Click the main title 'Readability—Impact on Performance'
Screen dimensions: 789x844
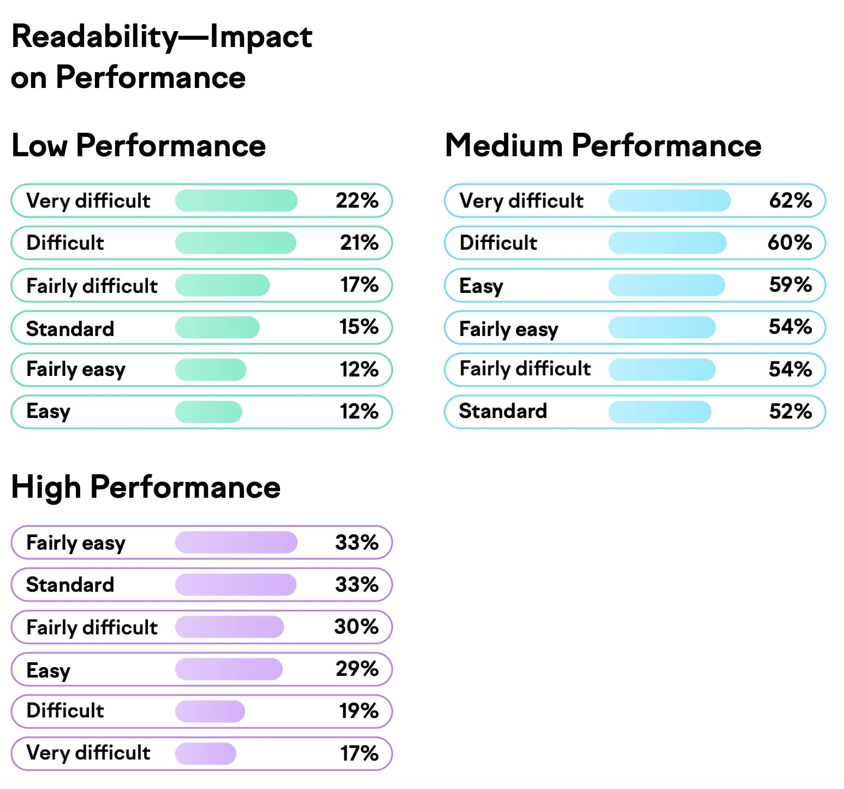[161, 56]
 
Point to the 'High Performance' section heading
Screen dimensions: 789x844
[146, 487]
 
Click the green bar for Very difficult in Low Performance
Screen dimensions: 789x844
[236, 201]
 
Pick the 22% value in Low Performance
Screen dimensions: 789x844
[357, 201]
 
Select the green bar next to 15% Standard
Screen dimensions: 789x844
[217, 327]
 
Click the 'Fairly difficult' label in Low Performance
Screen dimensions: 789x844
[92, 285]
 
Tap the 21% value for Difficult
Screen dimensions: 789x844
[359, 243]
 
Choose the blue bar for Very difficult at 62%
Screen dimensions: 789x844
[669, 201]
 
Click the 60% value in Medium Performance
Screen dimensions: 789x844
[789, 243]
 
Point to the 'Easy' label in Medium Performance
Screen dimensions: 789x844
[481, 286]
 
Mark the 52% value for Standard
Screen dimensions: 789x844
[790, 411]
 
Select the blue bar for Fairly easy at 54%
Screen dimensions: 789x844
[662, 327]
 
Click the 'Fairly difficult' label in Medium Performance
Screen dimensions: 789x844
[525, 369]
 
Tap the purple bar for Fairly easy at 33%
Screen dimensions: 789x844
[236, 542]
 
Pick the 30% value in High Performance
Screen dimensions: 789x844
[356, 627]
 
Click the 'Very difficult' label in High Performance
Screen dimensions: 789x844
[88, 753]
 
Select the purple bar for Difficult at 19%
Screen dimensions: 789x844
[210, 711]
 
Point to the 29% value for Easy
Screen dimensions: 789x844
[357, 669]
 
